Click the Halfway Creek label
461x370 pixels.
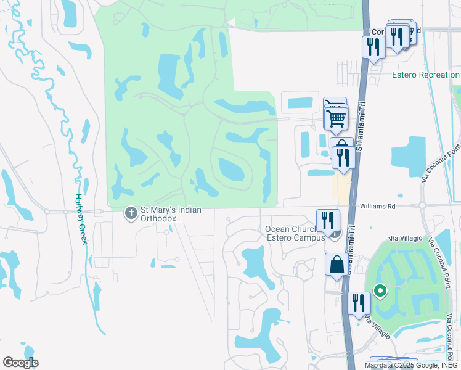[x=80, y=220]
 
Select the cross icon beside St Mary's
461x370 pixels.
[x=131, y=213]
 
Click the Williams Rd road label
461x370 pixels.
[x=378, y=207]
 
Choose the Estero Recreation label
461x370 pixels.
[x=425, y=75]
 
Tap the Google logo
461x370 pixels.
[x=20, y=363]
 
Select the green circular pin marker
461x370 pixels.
[x=381, y=290]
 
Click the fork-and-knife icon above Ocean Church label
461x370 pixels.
[x=328, y=220]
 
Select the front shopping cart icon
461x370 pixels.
[x=336, y=117]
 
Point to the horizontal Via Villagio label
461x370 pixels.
[x=406, y=238]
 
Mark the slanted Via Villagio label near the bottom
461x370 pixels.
[x=377, y=327]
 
